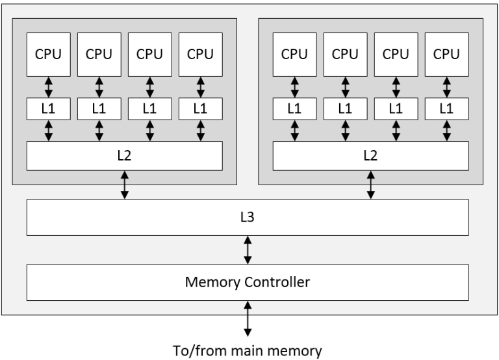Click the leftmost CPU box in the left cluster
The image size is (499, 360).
pyautogui.click(x=48, y=53)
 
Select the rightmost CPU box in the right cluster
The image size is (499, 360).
pyautogui.click(x=446, y=53)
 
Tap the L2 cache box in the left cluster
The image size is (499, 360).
pyautogui.click(x=124, y=155)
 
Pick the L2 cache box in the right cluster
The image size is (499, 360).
pyautogui.click(x=370, y=155)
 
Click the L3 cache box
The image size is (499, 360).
pyautogui.click(x=247, y=217)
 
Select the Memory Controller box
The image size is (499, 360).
pyautogui.click(x=247, y=282)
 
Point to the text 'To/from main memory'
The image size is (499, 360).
pyautogui.click(x=247, y=352)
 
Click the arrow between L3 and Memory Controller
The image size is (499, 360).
pyautogui.click(x=247, y=250)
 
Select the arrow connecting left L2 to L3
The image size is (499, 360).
pyautogui.click(x=124, y=185)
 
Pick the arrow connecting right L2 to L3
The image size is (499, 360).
pyautogui.click(x=371, y=185)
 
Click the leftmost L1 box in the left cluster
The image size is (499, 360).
pyautogui.click(x=48, y=109)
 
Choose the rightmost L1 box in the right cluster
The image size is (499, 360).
pyautogui.click(x=446, y=109)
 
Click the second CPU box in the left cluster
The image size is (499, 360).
pyautogui.click(x=99, y=53)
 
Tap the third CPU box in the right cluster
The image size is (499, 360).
pyautogui.click(x=396, y=53)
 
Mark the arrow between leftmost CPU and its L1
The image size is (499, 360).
pyautogui.click(x=48, y=86)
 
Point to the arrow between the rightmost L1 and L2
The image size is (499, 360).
pyautogui.click(x=446, y=130)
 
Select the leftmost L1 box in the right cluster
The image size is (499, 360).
pyautogui.click(x=294, y=109)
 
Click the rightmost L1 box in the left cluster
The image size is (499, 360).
pyautogui.click(x=200, y=109)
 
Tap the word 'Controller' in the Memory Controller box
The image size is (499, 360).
pyautogui.click(x=274, y=282)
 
